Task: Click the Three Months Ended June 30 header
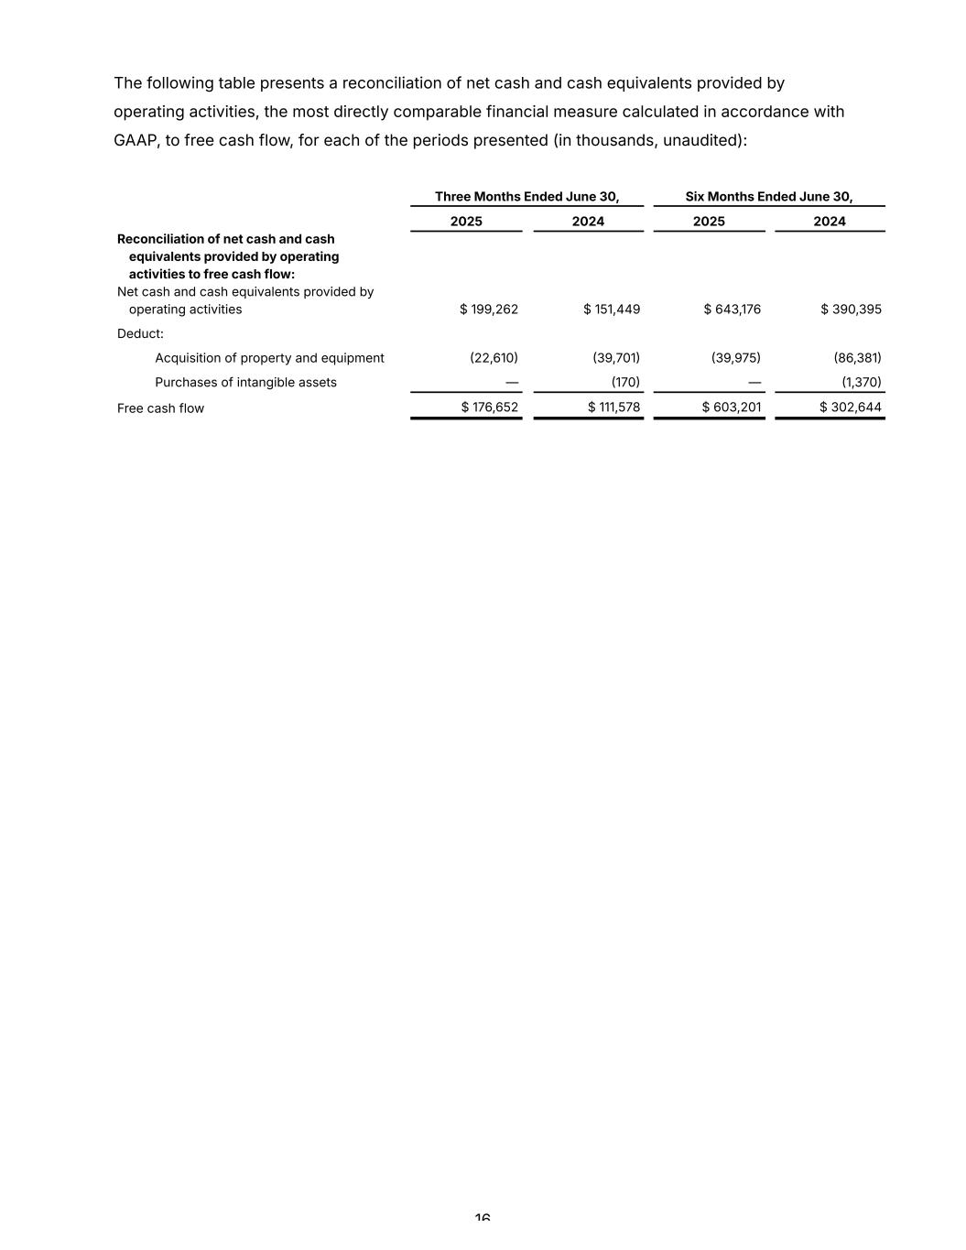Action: click(526, 197)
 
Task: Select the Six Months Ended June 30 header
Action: click(768, 197)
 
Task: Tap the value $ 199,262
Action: click(489, 310)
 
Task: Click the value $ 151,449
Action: click(612, 310)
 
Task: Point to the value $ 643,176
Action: click(732, 310)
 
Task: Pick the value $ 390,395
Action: click(851, 310)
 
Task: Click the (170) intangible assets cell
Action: click(625, 383)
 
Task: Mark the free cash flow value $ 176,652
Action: click(489, 408)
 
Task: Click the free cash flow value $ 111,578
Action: click(613, 408)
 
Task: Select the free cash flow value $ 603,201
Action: click(732, 408)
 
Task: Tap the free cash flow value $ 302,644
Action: click(851, 408)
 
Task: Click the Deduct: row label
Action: click(140, 334)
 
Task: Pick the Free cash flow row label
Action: click(160, 408)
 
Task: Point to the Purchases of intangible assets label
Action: click(245, 383)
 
